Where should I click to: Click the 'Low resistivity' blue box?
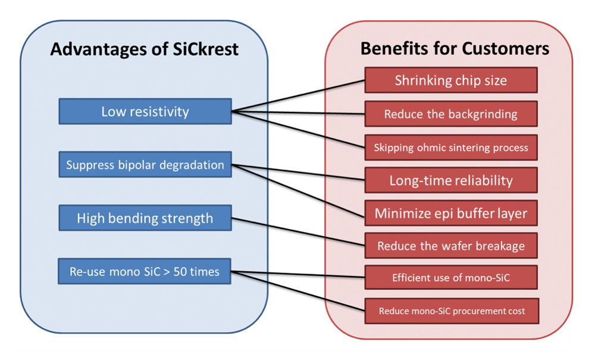[x=145, y=111]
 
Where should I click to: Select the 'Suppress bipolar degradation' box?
[x=145, y=165]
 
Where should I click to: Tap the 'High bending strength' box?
[x=145, y=218]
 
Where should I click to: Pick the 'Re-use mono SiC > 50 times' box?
[x=145, y=271]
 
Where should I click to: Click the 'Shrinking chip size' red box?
[x=451, y=80]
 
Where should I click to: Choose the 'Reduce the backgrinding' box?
[x=451, y=114]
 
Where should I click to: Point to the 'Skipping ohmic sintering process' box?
[x=451, y=147]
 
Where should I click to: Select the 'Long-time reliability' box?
[x=451, y=180]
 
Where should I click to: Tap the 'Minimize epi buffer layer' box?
[x=451, y=213]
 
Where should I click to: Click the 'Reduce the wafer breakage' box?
[x=451, y=246]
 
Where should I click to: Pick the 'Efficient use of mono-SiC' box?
[x=451, y=278]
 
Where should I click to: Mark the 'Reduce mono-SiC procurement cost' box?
[x=452, y=311]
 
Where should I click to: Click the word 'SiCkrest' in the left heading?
[x=206, y=49]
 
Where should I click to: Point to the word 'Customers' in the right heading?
[x=505, y=49]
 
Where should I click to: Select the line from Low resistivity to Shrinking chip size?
[x=298, y=96]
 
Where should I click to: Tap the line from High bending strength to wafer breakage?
[x=298, y=232]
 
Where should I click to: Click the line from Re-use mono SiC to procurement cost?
[x=298, y=292]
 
